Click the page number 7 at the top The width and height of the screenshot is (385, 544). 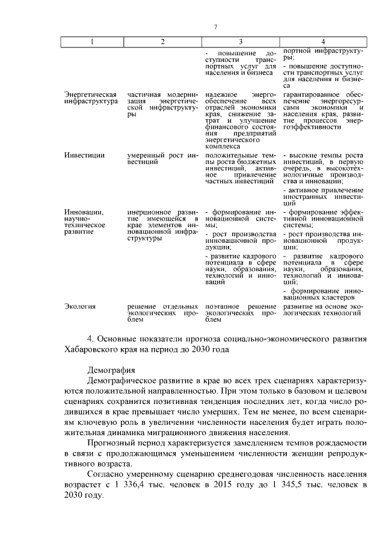point(215,26)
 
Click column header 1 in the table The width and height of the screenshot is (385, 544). point(92,41)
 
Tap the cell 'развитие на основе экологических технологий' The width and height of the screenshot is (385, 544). point(322,310)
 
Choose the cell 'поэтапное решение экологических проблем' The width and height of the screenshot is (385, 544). point(240,313)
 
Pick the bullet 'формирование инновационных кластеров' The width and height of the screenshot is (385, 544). point(322,293)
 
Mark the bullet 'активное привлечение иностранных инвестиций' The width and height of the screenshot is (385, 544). point(322,197)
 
